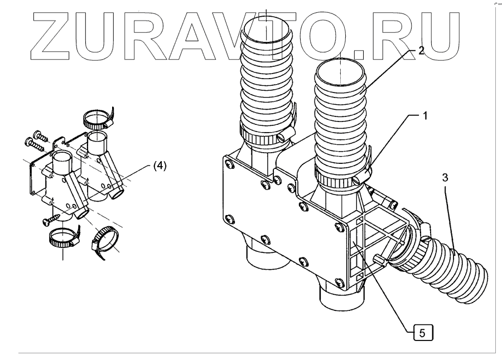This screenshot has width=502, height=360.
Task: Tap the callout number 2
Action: [421, 50]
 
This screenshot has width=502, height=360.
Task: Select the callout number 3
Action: [445, 178]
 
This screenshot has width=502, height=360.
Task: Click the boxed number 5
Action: [422, 334]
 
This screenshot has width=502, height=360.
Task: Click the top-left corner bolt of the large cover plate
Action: [229, 163]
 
